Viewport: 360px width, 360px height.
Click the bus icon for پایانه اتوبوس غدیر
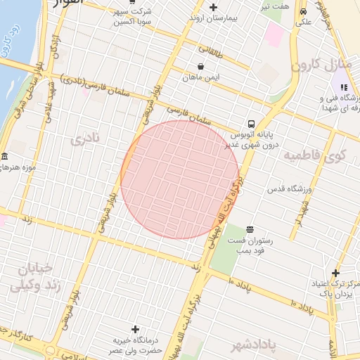[252, 122]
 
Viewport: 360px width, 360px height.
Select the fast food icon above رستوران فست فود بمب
[249, 229]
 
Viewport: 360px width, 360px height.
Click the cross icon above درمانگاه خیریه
[136, 329]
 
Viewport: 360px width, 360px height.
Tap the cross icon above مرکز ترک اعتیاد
[336, 273]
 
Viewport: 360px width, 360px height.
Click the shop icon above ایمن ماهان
[201, 67]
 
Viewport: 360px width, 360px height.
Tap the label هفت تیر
[274, 6]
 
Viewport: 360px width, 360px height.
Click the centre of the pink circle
[180, 179]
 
